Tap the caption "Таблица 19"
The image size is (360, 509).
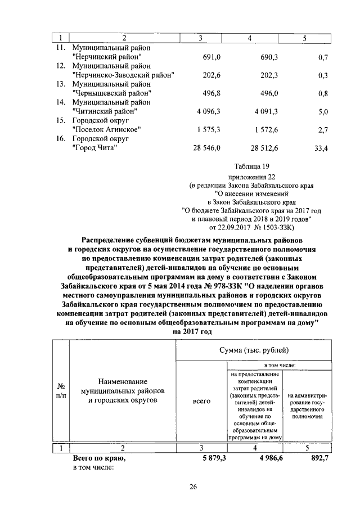(251, 166)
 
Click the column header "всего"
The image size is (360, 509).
(201, 401)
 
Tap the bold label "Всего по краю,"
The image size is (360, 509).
(99, 458)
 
